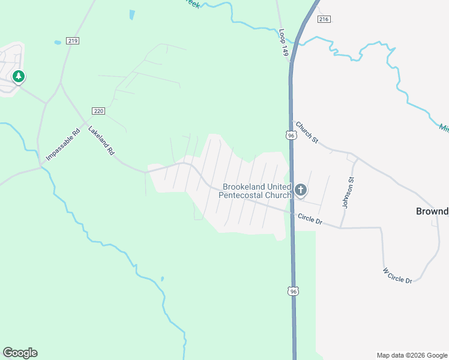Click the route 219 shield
pyautogui.click(x=73, y=41)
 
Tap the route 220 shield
pyautogui.click(x=99, y=111)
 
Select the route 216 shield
pyautogui.click(x=324, y=19)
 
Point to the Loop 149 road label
pyautogui.click(x=284, y=43)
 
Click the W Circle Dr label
pyautogui.click(x=397, y=275)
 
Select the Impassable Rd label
pyautogui.click(x=63, y=145)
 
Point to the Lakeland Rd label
pyautogui.click(x=101, y=141)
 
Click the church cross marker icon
pyautogui.click(x=301, y=191)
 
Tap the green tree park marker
pyautogui.click(x=19, y=76)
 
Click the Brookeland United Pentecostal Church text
pyautogui.click(x=256, y=191)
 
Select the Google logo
pyautogui.click(x=20, y=353)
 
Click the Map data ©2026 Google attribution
pyautogui.click(x=411, y=355)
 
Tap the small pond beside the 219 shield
pyautogui.click(x=58, y=43)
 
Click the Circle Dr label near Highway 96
pyautogui.click(x=310, y=220)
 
